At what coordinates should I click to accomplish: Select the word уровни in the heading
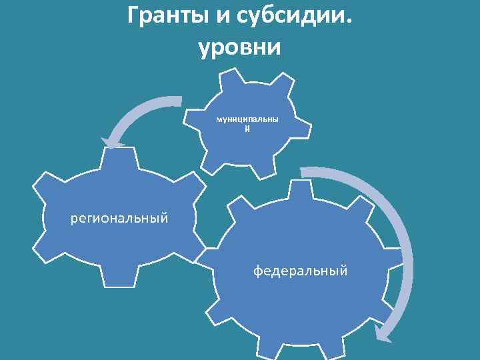pyautogui.click(x=240, y=47)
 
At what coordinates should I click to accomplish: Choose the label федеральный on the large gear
pyautogui.click(x=300, y=271)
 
